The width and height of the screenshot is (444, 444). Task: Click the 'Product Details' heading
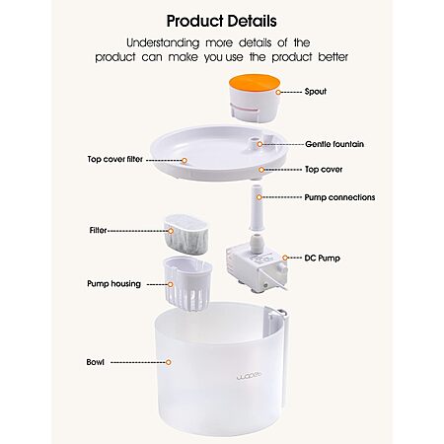pos(221,21)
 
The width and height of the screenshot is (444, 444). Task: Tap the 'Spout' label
pos(316,92)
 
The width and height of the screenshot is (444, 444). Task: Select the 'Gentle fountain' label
pos(334,144)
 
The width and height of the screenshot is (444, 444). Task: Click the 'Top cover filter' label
pos(115,159)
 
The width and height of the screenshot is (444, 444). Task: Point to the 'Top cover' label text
pos(324,170)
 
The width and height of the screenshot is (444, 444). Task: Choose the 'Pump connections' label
pos(339,197)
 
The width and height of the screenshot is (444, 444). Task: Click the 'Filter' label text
pos(98,230)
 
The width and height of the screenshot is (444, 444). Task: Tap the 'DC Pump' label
pos(322,258)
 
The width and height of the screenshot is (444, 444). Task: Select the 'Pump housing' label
pos(113,284)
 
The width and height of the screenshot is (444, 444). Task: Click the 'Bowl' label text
pos(95,362)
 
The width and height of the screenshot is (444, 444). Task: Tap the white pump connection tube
pos(256,208)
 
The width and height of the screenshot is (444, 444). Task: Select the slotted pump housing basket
pos(187,284)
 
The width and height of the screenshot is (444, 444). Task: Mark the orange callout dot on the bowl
pos(169,362)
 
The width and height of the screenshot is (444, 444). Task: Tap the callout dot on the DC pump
pos(285,258)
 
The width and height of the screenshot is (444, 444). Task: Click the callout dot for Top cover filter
pos(185,161)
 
